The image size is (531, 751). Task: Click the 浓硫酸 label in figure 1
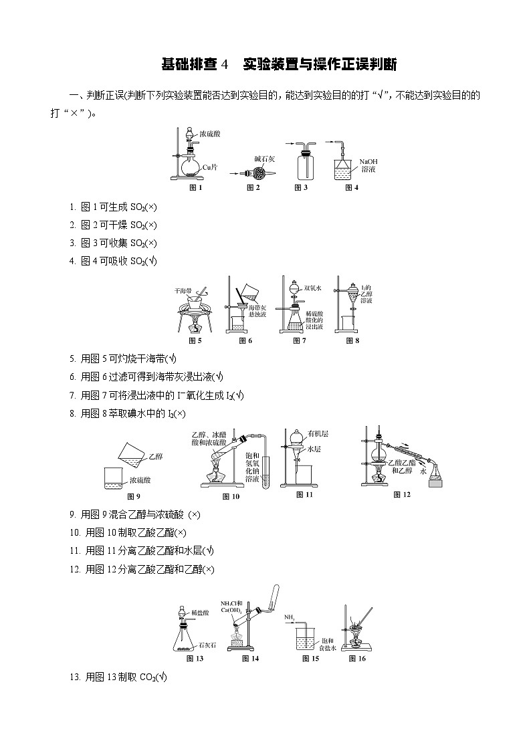(x=211, y=134)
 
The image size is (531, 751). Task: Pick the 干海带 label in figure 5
(x=183, y=291)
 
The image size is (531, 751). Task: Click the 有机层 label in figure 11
(x=318, y=433)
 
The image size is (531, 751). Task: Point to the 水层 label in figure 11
(x=315, y=450)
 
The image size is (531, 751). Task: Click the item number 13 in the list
(x=74, y=677)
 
